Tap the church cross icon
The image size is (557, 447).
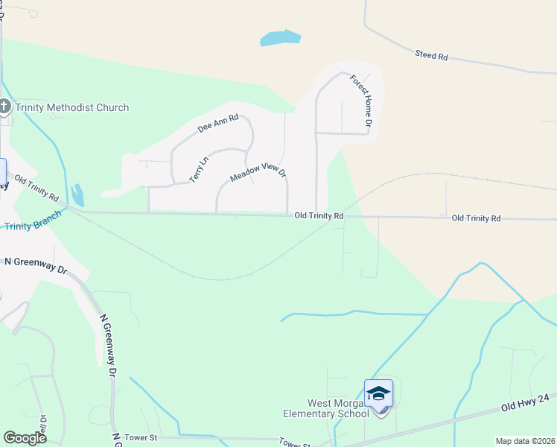click(x=4, y=107)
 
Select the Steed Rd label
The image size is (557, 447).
click(x=432, y=55)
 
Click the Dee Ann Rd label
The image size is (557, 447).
click(x=218, y=123)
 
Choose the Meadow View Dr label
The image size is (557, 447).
click(x=258, y=174)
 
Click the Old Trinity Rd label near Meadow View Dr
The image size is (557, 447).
click(x=319, y=216)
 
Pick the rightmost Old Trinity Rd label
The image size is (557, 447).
click(x=476, y=218)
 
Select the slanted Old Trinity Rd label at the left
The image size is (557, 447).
click(x=36, y=188)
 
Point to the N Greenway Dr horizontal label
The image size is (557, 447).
click(x=36, y=263)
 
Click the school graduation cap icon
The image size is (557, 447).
click(x=378, y=393)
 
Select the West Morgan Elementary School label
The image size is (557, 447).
click(x=325, y=409)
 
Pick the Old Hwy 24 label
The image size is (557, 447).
click(x=524, y=401)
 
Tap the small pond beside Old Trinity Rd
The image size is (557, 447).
click(x=77, y=194)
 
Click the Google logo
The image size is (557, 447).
click(x=25, y=438)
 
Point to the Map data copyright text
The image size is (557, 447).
click(x=525, y=441)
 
